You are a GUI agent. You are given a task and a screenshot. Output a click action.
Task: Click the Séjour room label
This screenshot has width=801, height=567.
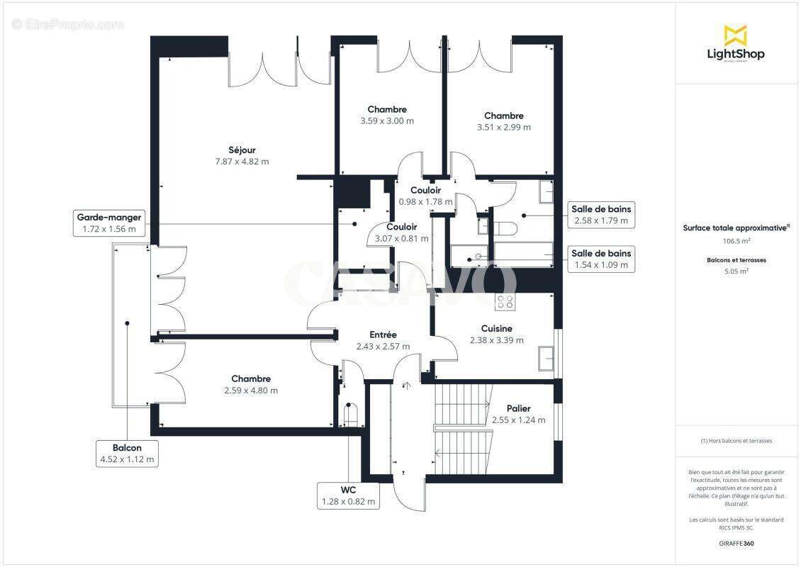point(242,150)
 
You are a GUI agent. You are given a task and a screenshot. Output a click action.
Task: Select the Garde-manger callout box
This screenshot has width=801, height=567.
point(109,223)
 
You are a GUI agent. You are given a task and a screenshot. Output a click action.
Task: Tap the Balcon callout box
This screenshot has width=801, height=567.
point(127,454)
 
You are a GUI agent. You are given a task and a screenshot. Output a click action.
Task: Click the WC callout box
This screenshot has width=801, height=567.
point(347,495)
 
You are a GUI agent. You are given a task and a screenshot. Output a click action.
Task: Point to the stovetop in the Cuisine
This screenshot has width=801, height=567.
point(505,302)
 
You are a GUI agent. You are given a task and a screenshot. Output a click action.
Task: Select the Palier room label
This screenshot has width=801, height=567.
point(518,409)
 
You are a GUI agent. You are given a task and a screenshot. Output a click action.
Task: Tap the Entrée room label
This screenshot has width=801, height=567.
point(383,335)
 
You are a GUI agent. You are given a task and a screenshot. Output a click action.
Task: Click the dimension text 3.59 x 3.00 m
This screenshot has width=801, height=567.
point(387,121)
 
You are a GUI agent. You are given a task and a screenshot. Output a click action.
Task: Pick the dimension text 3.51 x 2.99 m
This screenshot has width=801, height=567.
point(503,128)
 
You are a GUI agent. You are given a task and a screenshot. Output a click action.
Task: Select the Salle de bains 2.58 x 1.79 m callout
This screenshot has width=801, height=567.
point(602,215)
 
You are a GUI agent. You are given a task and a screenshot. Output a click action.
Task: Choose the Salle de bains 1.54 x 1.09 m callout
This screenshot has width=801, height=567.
point(602,259)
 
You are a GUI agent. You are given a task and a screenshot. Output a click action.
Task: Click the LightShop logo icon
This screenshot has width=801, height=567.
point(735,35)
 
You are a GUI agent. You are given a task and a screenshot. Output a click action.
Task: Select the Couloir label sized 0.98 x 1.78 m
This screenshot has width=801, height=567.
point(425,191)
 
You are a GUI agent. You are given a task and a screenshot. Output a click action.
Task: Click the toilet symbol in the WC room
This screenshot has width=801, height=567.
point(349,412)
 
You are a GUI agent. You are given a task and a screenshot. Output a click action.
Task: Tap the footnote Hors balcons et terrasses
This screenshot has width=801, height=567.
point(736,441)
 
